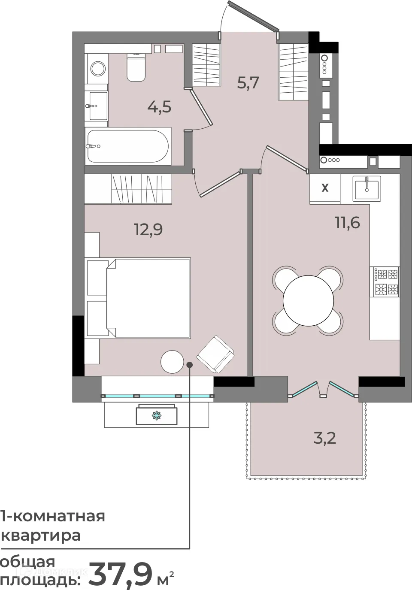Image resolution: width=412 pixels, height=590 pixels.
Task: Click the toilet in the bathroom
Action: (136, 67)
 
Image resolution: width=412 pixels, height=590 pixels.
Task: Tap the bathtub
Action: (128, 146)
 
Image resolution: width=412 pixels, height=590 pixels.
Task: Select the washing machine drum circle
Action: (98, 69)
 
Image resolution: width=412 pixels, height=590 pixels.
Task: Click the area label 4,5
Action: (159, 107)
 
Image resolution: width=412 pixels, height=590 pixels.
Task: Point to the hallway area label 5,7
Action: (248, 83)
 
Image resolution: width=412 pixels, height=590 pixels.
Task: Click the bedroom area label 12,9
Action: (148, 230)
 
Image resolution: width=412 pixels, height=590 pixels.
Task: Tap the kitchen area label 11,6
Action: (348, 223)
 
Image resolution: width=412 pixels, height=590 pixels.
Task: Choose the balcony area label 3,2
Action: (325, 439)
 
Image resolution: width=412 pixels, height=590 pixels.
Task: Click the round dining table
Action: (308, 300)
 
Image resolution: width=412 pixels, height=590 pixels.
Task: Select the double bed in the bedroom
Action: (148, 298)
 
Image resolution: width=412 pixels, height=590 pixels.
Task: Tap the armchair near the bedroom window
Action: (215, 354)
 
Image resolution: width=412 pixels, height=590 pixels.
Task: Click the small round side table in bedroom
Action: (172, 362)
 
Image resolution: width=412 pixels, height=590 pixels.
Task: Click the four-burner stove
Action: (385, 282)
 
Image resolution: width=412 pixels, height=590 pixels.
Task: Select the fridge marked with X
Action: (325, 188)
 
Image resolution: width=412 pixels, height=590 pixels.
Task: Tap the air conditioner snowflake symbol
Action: (156, 415)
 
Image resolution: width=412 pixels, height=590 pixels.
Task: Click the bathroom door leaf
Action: (202, 107)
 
